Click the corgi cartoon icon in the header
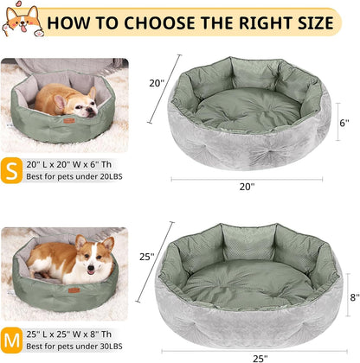(x=22, y=21)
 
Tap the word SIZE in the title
(x=304, y=20)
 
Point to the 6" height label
(x=344, y=123)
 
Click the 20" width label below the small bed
(x=247, y=186)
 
